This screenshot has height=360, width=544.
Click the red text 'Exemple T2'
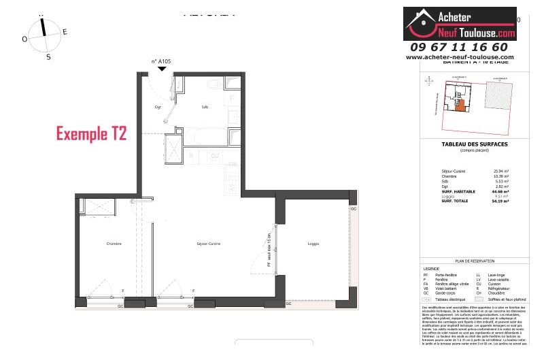coord(91,133)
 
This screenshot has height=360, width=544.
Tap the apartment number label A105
coord(160,61)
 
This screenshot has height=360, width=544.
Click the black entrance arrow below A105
coord(161,68)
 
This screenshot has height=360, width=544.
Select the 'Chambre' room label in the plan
coord(114,244)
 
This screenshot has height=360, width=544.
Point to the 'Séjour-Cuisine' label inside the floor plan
coord(209,244)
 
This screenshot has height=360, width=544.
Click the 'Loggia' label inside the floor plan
coord(313,244)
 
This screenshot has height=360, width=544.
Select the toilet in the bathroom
coord(214,84)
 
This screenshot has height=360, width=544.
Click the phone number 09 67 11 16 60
coord(459,47)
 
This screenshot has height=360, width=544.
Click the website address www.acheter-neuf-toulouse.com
coord(460,57)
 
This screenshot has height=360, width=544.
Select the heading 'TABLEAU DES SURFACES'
coord(465,144)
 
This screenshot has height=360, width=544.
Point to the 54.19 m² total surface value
coord(501,202)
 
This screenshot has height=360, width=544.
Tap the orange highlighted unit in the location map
coord(460,105)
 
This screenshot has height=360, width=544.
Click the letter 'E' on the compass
coord(65,31)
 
